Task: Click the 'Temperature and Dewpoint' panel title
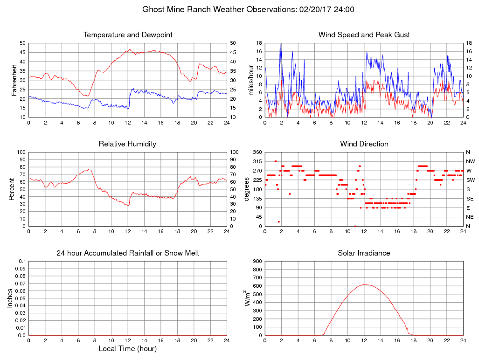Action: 127,35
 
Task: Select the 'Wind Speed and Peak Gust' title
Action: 364,35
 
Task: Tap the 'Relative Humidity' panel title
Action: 127,144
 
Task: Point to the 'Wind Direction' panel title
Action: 364,144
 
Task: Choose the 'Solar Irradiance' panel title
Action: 364,253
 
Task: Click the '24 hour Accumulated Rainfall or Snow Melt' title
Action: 127,253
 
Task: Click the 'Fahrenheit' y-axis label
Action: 14,80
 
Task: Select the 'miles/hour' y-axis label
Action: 251,80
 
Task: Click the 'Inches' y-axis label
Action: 10,298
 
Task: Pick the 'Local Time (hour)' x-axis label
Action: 127,348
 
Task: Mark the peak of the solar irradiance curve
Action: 365,284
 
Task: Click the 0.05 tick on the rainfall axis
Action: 21,298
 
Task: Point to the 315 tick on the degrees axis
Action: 256,161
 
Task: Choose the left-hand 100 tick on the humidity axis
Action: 21,152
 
